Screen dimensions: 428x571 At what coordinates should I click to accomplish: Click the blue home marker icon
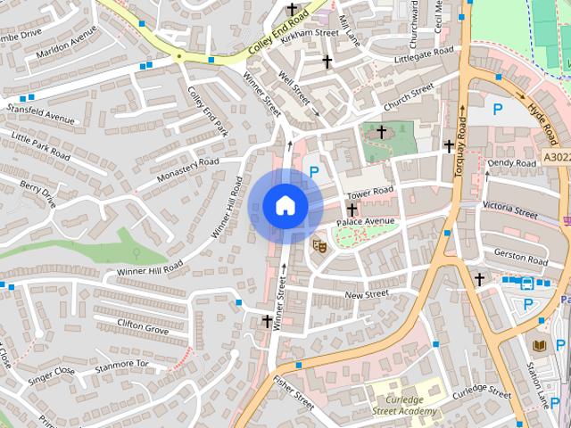(x=285, y=206)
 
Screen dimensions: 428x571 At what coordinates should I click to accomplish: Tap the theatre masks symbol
(x=319, y=243)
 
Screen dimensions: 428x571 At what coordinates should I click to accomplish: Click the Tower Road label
(x=369, y=192)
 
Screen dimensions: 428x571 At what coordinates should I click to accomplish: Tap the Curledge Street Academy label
(x=406, y=399)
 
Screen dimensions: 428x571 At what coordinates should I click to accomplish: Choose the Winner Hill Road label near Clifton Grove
(x=149, y=267)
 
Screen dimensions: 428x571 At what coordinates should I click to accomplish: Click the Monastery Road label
(x=187, y=169)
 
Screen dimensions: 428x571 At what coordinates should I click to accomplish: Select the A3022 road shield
(x=556, y=157)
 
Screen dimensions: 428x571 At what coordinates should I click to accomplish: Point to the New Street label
(x=366, y=293)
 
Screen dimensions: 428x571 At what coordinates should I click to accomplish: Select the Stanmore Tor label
(x=123, y=364)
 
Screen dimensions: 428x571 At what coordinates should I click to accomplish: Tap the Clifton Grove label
(x=143, y=327)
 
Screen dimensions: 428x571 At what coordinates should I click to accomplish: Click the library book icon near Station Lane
(x=539, y=345)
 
